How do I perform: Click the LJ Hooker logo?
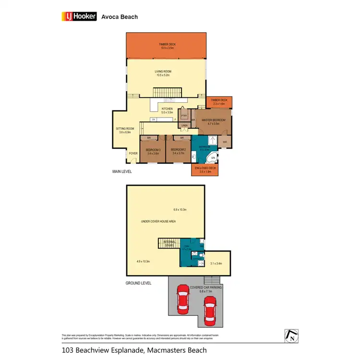79,16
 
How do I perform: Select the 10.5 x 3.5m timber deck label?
168,46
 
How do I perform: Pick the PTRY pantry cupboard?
183,116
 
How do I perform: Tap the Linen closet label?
184,126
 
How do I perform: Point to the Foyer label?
133,154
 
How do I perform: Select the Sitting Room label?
125,130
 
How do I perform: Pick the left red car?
183,299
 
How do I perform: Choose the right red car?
209,311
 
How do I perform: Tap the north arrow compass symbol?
291,336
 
